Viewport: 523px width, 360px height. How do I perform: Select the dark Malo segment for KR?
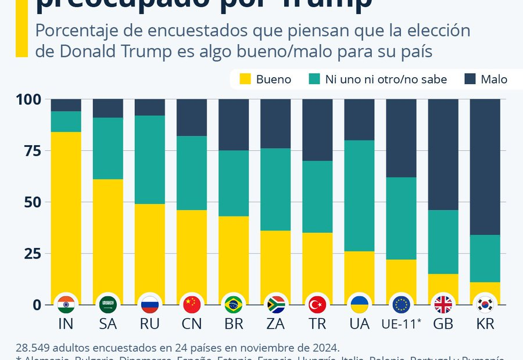point(485,167)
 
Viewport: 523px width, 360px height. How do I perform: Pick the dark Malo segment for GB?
point(443,154)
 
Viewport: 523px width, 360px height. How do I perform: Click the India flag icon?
point(66,304)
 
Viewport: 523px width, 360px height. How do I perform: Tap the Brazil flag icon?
point(234,304)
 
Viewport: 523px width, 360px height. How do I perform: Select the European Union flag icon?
point(401,304)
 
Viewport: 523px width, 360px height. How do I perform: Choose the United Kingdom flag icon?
point(443,304)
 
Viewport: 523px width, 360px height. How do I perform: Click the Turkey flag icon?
point(317,304)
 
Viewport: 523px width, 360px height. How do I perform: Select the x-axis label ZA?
point(275,324)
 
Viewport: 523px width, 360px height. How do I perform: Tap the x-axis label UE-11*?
point(401,324)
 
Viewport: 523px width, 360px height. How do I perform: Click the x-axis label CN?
point(192,324)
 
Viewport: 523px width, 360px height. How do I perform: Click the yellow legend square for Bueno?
point(245,80)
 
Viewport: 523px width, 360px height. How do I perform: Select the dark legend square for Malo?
point(470,80)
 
